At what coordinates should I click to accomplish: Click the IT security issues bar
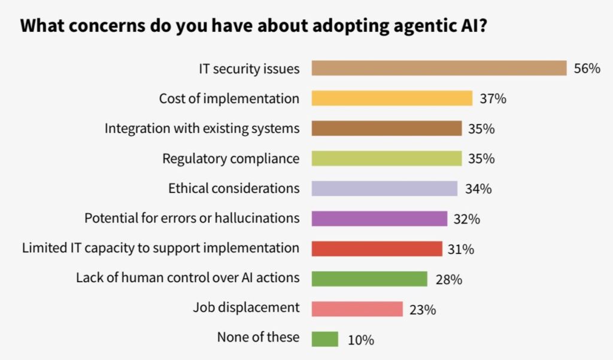(x=439, y=68)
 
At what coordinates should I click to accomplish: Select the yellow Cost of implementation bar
(x=392, y=98)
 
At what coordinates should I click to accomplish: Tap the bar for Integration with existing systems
(x=387, y=129)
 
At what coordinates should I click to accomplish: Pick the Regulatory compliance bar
(x=387, y=159)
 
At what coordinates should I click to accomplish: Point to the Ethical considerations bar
(x=384, y=189)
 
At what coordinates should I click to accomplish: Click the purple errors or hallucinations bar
(x=380, y=219)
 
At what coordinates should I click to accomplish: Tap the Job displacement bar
(x=357, y=309)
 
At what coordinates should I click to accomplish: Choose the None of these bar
(x=325, y=339)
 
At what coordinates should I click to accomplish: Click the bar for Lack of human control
(x=369, y=279)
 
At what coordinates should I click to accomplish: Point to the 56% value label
(x=587, y=68)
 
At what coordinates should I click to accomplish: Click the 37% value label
(x=493, y=98)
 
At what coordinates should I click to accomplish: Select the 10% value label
(x=360, y=340)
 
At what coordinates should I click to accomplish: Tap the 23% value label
(x=423, y=310)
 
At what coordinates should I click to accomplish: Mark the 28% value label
(x=448, y=279)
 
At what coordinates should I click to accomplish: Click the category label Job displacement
(x=246, y=308)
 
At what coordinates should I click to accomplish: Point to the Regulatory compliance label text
(x=230, y=159)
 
